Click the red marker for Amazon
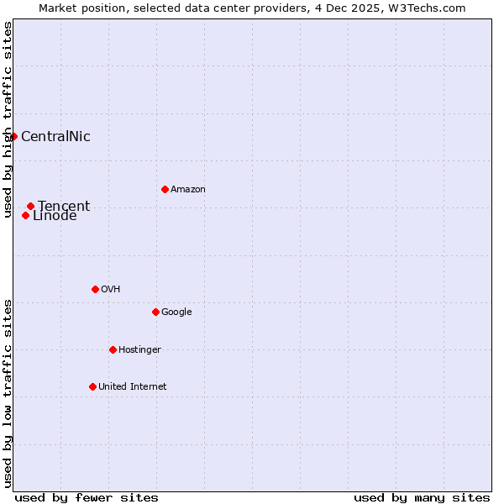165,189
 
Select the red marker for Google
155,312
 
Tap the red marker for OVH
95,289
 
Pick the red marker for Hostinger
113,349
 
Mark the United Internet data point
92,386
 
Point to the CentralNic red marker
13,136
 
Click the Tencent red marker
30,206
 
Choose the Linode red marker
25,216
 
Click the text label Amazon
188,190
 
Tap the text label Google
176,312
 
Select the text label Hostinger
139,350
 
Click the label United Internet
133,387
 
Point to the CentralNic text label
55,137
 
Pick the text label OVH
111,290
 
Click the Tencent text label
64,206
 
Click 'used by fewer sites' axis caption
87,497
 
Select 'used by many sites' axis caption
422,497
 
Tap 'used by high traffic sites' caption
8,120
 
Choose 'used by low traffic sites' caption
8,393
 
